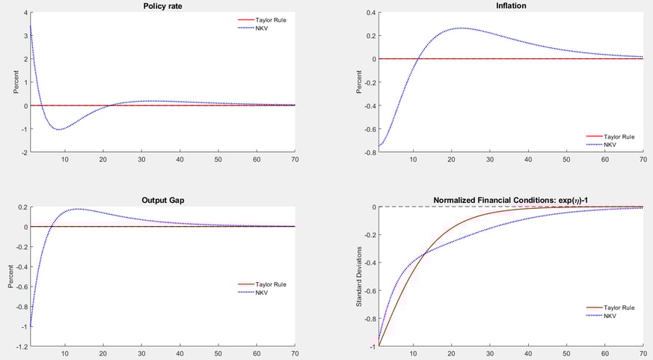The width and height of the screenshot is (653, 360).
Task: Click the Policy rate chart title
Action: click(162, 6)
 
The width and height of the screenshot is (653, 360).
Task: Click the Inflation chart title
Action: click(511, 6)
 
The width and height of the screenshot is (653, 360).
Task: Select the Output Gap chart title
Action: click(162, 200)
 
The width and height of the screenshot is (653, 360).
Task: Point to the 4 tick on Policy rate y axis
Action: click(25, 13)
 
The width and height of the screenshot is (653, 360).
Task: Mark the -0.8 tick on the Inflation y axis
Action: click(370, 153)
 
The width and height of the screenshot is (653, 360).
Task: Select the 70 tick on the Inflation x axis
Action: click(643, 160)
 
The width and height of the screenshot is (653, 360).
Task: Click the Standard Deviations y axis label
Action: click(359, 275)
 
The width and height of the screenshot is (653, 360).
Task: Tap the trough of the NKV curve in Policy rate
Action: click(58, 129)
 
